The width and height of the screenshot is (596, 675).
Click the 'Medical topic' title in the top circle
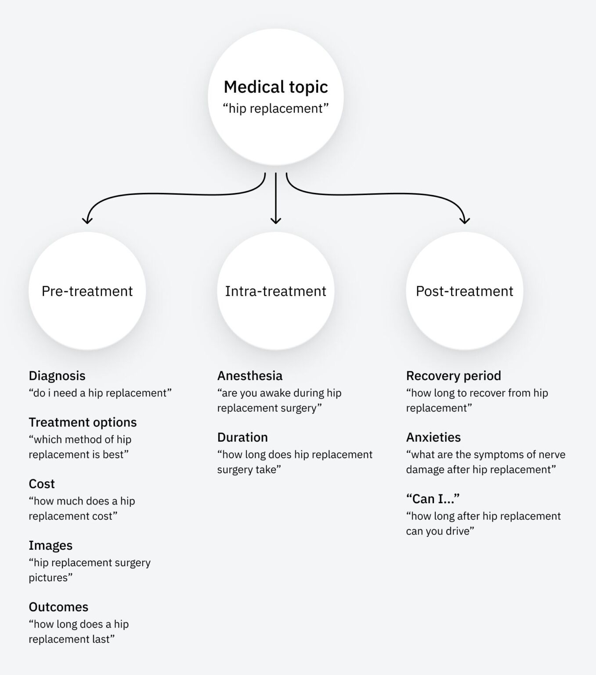[x=276, y=87]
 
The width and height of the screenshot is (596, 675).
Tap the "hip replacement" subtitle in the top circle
[x=276, y=109]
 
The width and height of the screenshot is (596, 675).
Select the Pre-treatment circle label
[x=87, y=291]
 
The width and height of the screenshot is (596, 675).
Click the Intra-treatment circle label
[x=276, y=291]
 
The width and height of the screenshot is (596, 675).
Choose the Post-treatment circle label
[x=464, y=291]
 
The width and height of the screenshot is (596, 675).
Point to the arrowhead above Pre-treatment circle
[x=87, y=220]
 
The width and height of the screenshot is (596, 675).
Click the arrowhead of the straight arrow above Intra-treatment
[x=276, y=220]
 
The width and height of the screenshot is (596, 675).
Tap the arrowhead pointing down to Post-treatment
[x=465, y=220]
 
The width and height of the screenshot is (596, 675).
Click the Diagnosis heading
[x=57, y=376]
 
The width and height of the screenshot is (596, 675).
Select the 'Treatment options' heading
[x=83, y=422]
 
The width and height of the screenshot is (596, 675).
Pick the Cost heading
[x=42, y=484]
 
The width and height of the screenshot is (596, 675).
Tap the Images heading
[x=51, y=545]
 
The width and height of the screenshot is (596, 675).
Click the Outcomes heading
[x=58, y=607]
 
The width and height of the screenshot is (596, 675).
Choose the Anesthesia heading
[x=250, y=376]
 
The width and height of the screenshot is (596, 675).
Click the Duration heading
[x=242, y=437]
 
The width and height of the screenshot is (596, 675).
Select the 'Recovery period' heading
[x=453, y=376]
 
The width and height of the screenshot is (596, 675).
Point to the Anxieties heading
[x=433, y=437]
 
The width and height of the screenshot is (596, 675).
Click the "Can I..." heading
[x=433, y=499]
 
